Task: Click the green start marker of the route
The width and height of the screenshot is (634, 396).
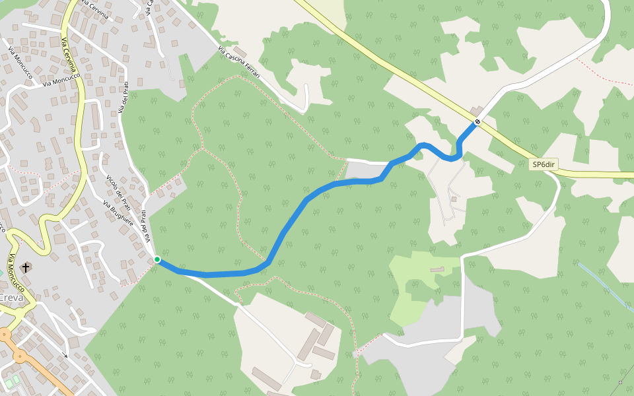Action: click(157, 259)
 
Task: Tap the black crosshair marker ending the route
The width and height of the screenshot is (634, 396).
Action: click(477, 121)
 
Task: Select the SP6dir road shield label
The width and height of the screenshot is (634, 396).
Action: click(545, 165)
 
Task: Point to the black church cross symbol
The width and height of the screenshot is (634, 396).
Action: click(25, 267)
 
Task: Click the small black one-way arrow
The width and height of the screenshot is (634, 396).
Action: click(65, 355)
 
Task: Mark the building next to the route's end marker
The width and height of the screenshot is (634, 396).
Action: click(475, 110)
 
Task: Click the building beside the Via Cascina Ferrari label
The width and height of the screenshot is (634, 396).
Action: click(240, 51)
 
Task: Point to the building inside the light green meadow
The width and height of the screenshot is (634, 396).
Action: click(437, 269)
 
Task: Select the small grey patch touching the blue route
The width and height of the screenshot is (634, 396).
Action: click(360, 171)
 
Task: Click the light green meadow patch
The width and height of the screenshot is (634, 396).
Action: click(413, 290)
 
